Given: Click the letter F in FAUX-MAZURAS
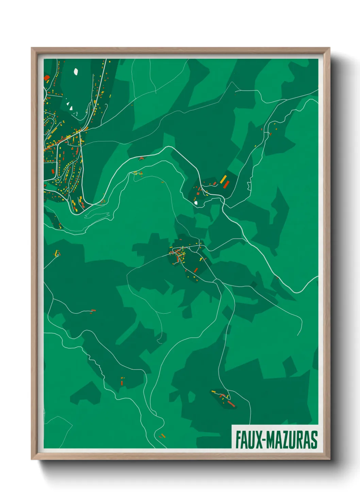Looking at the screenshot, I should pyautogui.click(x=239, y=440).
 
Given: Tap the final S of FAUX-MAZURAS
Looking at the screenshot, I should pyautogui.click(x=314, y=440).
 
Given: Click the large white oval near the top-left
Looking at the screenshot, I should pyautogui.click(x=76, y=72).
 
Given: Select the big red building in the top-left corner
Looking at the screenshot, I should pyautogui.click(x=47, y=78).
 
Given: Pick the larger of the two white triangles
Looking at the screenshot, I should pyautogui.click(x=71, y=108).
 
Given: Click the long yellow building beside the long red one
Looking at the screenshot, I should pyautogui.click(x=223, y=179).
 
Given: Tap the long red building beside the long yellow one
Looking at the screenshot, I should pyautogui.click(x=226, y=185).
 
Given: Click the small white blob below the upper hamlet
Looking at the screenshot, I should pyautogui.click(x=196, y=203).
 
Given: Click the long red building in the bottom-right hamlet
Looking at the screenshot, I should pyautogui.click(x=231, y=404).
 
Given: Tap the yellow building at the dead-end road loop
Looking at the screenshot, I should pyautogui.click(x=57, y=253).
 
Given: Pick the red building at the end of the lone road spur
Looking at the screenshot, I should pyautogui.click(x=93, y=311).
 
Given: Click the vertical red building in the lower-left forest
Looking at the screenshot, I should pyautogui.click(x=122, y=383).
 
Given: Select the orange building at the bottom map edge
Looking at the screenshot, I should pyautogui.click(x=163, y=435).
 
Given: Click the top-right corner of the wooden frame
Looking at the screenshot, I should pyautogui.click(x=330, y=48).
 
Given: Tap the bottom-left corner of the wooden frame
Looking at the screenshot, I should pyautogui.click(x=32, y=459).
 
